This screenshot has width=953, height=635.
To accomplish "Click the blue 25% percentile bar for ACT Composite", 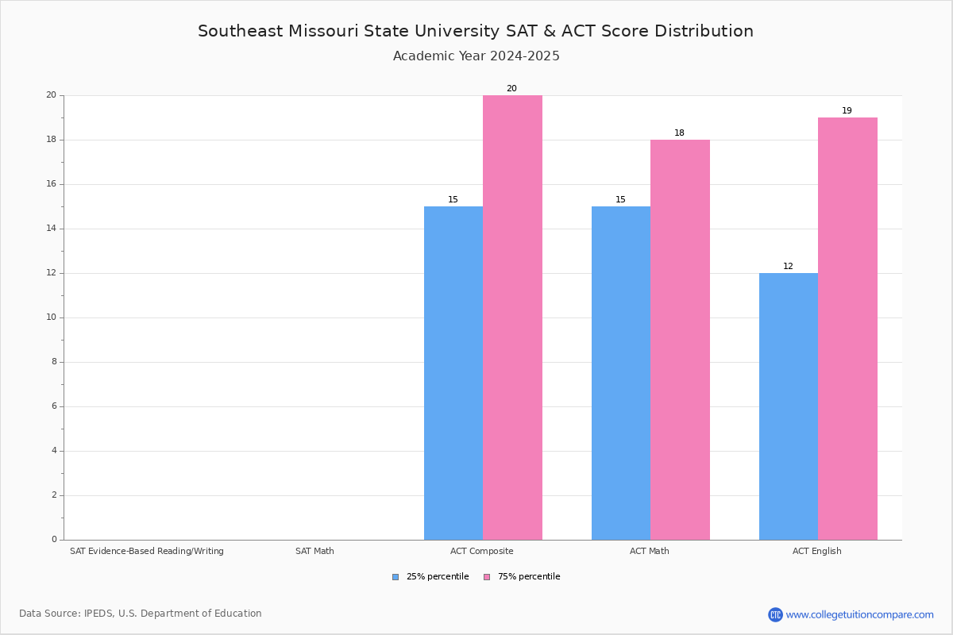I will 453,373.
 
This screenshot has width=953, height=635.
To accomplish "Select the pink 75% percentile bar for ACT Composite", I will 512,317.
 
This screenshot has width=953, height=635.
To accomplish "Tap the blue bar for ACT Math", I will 621,373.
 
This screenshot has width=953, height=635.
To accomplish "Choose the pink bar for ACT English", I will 847,329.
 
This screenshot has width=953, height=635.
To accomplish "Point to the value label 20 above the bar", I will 511,89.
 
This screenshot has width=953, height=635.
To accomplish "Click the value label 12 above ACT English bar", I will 788,267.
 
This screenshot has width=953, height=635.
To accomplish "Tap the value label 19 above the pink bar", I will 847,111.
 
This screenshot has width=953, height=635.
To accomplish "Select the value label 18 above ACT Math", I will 679,133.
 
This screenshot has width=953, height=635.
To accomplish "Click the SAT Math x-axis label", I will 314,551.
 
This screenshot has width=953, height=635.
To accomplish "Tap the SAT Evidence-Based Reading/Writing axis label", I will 147,551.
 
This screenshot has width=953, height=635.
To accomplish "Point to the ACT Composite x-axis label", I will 482,551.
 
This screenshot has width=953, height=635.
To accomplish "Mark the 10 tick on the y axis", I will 51,317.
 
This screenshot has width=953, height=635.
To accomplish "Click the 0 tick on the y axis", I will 54,540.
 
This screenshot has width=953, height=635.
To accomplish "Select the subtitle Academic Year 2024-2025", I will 476,56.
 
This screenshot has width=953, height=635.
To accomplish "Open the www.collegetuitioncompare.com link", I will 859,614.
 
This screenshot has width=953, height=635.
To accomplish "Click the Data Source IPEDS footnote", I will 141,614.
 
